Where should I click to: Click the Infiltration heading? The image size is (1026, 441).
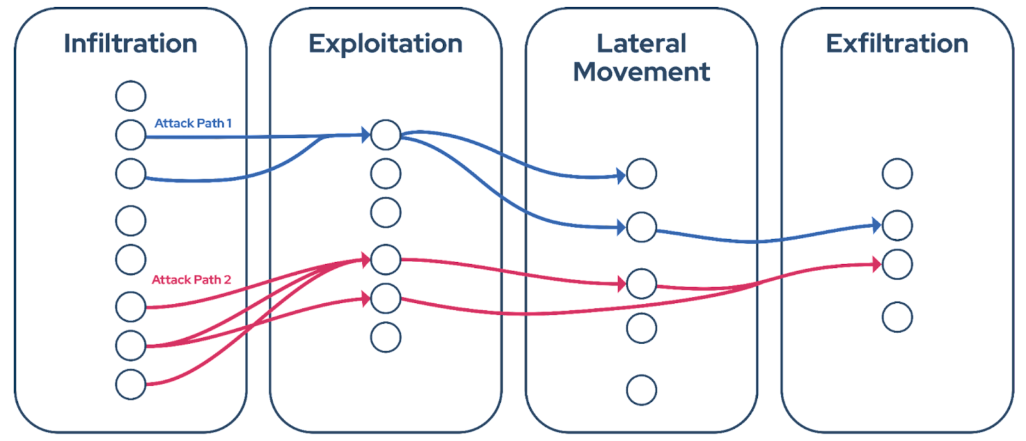[131, 44]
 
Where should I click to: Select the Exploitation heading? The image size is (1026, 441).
[385, 44]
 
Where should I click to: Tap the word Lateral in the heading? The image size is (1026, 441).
[641, 44]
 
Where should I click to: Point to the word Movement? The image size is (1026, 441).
[641, 72]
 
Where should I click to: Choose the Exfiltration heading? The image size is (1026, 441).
[896, 44]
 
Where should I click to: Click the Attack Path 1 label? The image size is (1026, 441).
[193, 123]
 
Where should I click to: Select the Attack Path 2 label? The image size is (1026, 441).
[191, 279]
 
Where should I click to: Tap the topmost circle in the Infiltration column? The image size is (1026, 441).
[131, 96]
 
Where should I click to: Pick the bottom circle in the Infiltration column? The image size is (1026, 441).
[131, 384]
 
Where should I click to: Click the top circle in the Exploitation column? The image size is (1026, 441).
[385, 135]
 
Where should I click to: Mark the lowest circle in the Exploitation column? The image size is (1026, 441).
[385, 337]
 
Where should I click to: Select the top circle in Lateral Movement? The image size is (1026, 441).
[641, 174]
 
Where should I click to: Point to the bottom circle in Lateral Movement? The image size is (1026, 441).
[641, 390]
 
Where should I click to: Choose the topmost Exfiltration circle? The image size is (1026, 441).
[897, 174]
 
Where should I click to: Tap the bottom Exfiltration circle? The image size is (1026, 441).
[897, 317]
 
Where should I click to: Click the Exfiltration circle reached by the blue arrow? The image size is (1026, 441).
[897, 225]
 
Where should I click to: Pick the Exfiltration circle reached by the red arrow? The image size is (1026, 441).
[897, 264]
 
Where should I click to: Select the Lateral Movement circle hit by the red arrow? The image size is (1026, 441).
[641, 283]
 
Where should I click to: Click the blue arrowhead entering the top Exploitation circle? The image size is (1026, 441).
[366, 135]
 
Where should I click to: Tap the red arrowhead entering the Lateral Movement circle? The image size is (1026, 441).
[621, 283]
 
